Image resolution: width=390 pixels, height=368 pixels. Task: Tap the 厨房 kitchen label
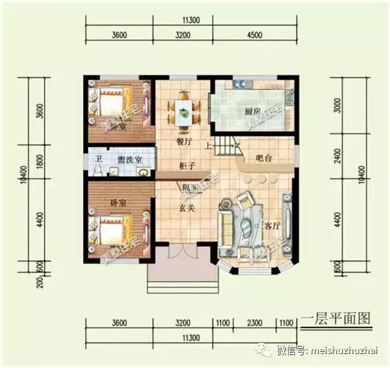[253, 111]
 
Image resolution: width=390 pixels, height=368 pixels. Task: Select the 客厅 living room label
[273, 225]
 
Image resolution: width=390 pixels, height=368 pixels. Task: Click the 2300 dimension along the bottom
[256, 322]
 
